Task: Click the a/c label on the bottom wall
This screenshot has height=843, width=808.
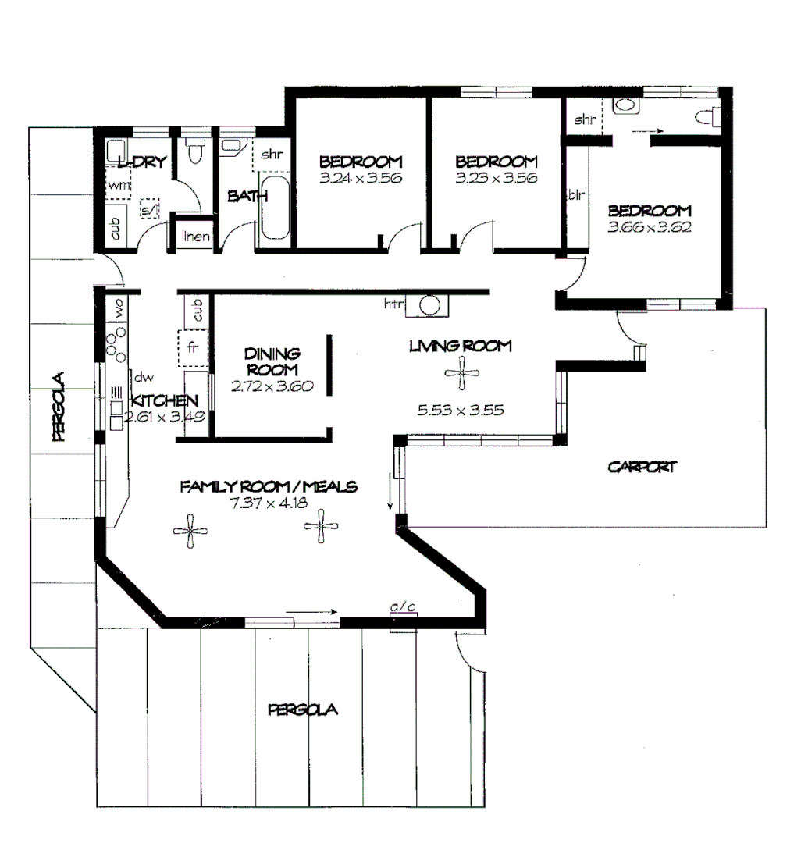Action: tap(402, 605)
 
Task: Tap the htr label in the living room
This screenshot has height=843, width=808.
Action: tap(392, 304)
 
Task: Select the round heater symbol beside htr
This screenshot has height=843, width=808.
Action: tap(429, 305)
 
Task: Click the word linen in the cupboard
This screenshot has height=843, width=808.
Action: tap(195, 236)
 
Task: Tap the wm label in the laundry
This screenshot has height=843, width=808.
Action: tap(118, 185)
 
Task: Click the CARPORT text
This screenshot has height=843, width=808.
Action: tap(642, 468)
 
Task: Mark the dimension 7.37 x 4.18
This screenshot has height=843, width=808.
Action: tap(268, 503)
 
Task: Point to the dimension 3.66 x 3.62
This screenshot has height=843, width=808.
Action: tap(650, 228)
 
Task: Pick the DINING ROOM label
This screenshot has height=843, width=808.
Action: tap(271, 361)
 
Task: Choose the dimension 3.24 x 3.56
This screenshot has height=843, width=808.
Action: tap(360, 178)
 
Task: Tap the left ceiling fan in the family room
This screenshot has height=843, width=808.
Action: tap(190, 531)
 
